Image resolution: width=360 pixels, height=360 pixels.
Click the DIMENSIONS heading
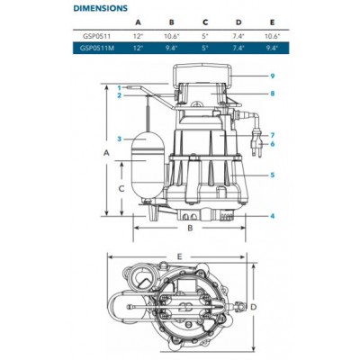coord(101,8)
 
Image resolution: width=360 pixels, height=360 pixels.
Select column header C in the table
coord(205,22)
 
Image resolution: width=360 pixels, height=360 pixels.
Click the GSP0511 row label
coord(97,36)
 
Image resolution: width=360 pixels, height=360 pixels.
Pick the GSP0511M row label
coord(97,48)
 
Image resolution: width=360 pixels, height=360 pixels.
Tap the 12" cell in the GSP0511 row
coord(139,36)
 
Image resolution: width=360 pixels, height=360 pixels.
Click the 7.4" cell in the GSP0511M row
coord(238,48)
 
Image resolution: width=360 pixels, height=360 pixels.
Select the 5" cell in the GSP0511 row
coord(205,36)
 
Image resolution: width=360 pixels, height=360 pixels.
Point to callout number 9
coord(273,76)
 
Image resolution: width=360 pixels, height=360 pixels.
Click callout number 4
coord(273,216)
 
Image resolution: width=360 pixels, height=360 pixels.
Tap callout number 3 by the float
coord(120,139)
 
